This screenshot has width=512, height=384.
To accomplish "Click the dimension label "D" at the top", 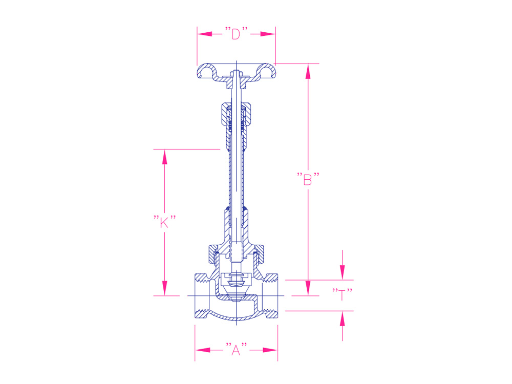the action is [x=236, y=34].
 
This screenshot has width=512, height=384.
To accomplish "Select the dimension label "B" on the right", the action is [x=308, y=179].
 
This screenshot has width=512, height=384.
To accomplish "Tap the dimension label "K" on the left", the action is [x=164, y=222].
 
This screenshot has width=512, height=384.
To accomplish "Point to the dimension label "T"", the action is [x=342, y=294].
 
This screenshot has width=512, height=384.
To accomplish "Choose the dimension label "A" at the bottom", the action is [x=236, y=350].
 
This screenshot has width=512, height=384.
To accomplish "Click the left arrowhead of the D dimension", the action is [x=205, y=34].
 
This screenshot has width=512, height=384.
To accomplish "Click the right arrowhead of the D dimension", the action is [x=268, y=34].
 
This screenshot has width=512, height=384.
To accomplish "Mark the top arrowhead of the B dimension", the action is [x=308, y=72].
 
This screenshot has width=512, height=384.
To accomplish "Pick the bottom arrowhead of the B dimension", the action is [x=308, y=288].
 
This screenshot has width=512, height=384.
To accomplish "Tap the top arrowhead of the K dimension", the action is [x=164, y=157].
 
